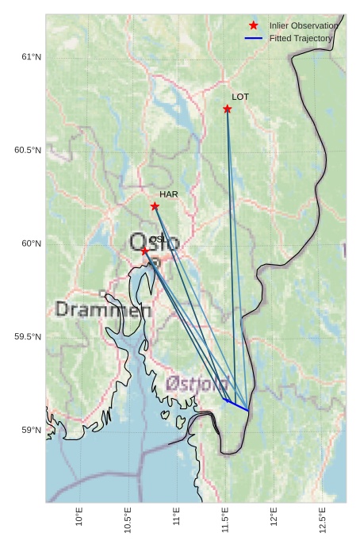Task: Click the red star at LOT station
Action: click(x=228, y=109)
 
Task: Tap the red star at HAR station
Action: click(x=155, y=206)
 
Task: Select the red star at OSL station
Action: click(x=144, y=251)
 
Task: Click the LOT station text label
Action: click(x=240, y=97)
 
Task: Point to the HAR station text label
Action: click(x=168, y=194)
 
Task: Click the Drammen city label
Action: click(x=103, y=310)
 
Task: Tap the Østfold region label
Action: click(x=198, y=383)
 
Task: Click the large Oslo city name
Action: click(x=154, y=242)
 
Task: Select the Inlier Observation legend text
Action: click(x=304, y=25)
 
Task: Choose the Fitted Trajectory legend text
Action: click(x=301, y=38)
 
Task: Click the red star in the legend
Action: click(x=254, y=25)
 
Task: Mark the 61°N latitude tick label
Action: click(x=30, y=57)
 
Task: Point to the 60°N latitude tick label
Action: click(x=30, y=243)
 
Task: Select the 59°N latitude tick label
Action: click(x=30, y=431)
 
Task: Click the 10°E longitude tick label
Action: click(x=79, y=517)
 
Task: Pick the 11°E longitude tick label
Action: click(x=176, y=517)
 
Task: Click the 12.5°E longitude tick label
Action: click(x=322, y=519)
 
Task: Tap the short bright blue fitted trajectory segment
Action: click(x=237, y=405)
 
